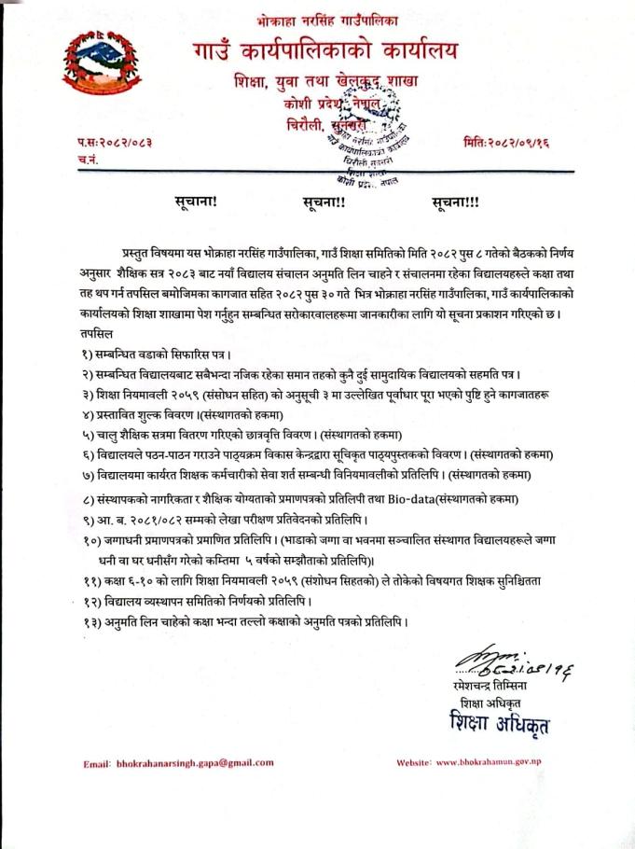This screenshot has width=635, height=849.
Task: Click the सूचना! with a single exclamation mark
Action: point(195,201)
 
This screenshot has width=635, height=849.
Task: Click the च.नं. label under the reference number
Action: point(89,160)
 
